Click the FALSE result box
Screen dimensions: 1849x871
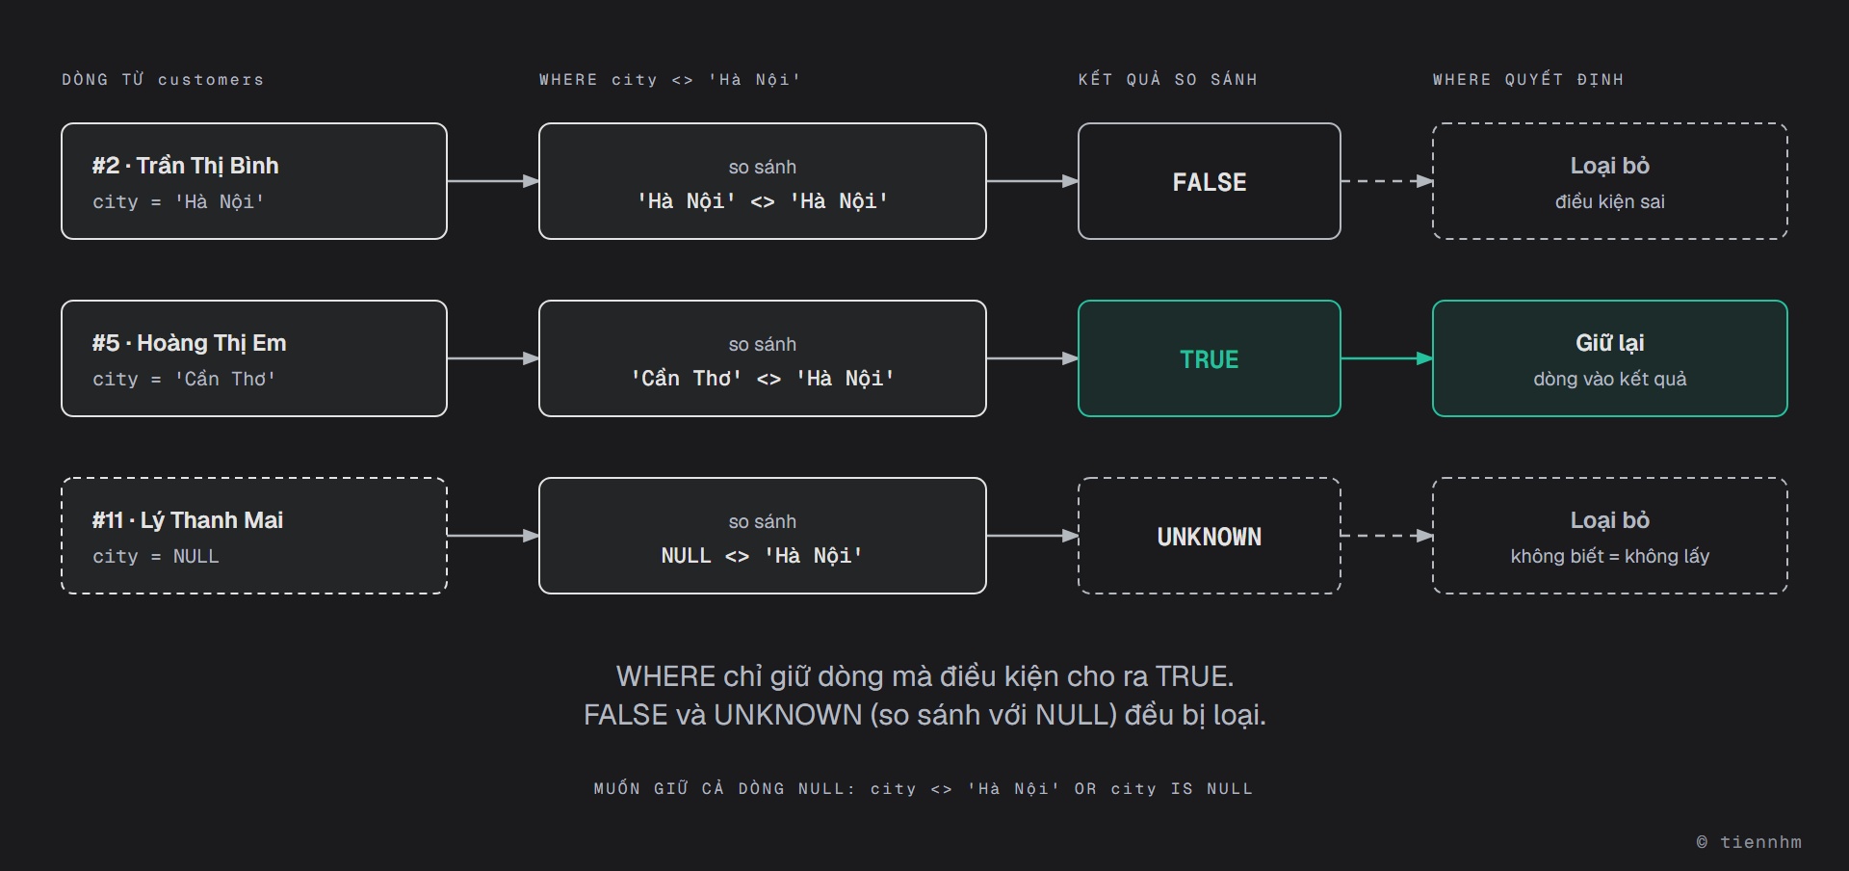(x=1209, y=181)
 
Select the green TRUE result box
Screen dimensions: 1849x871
(x=1209, y=358)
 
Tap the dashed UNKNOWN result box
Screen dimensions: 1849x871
(x=1209, y=536)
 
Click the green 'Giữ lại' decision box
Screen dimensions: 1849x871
(x=1609, y=358)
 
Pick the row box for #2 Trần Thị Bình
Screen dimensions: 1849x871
(x=254, y=181)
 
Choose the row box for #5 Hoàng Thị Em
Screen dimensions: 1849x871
(x=254, y=358)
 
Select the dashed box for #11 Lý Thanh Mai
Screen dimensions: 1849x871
(x=254, y=536)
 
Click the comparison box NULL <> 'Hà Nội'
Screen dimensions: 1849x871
(x=762, y=536)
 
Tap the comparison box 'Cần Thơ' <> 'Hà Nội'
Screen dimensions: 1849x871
(x=762, y=358)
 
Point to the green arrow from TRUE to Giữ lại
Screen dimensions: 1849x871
(x=1387, y=358)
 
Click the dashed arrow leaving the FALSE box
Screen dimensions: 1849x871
(x=1387, y=181)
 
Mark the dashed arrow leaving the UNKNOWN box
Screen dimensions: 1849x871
(x=1387, y=536)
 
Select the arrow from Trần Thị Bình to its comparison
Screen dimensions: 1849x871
(x=493, y=181)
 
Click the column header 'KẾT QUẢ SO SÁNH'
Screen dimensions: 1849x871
(x=1167, y=79)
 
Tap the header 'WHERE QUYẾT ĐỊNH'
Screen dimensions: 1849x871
(x=1527, y=79)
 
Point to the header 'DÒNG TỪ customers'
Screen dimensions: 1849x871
(x=163, y=79)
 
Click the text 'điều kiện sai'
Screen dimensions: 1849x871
(x=1609, y=201)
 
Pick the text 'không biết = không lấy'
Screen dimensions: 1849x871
(x=1609, y=556)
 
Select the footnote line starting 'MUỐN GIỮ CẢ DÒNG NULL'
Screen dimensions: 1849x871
(x=924, y=788)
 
